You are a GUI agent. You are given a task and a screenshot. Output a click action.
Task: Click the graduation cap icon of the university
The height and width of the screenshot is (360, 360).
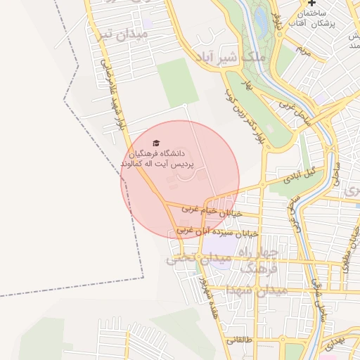(156, 143)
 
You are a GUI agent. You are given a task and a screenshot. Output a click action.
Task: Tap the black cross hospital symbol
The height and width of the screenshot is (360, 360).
(311, 4)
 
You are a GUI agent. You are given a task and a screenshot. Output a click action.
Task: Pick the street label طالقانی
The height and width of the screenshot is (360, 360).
(238, 340)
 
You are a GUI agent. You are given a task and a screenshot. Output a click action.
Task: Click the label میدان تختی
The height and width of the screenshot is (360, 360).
(198, 259)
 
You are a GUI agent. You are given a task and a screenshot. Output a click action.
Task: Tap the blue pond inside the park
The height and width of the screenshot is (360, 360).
(261, 21)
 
